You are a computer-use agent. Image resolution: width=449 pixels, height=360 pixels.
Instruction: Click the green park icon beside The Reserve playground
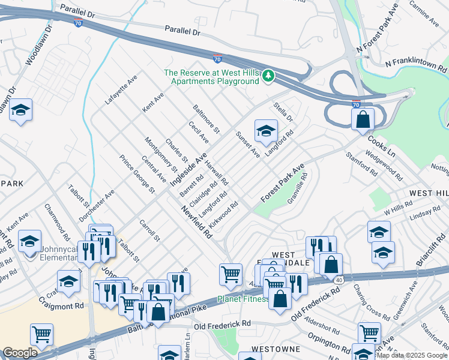tap(270, 76)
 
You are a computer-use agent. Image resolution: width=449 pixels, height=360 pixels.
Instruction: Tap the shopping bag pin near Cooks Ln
tap(363, 119)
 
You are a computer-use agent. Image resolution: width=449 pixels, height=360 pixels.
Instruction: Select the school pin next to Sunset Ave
tap(266, 130)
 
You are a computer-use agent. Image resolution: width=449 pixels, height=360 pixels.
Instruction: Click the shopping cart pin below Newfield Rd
tap(231, 274)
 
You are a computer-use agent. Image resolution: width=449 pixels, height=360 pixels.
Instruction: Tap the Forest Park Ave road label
tap(283, 183)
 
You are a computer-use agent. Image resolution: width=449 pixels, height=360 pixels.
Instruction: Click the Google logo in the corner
tap(20, 353)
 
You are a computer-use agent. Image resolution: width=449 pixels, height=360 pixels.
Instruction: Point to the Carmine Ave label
tap(424, 13)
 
